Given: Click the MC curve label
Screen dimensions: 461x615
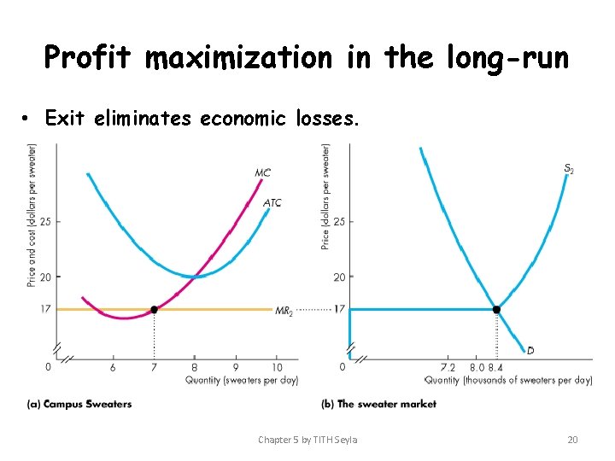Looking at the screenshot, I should pos(263,173).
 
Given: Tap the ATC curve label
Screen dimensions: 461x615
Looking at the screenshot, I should pos(272,202).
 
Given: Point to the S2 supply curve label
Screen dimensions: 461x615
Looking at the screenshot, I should pos(569,170).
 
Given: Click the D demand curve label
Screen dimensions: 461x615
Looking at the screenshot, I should pos(530,350).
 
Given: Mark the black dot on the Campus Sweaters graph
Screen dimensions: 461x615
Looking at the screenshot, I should pos(154,309).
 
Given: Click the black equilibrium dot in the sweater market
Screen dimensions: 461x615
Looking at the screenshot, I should pos(496,309).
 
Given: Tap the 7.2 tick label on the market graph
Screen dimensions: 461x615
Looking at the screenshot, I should pos(447,367).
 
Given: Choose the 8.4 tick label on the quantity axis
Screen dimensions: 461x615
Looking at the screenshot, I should pos(496,367).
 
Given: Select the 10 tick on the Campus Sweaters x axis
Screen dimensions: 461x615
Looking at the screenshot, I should pos(278,367).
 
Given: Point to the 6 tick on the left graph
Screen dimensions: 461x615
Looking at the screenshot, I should pos(113,367).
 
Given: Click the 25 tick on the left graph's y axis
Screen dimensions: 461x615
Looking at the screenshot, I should pos(44,222).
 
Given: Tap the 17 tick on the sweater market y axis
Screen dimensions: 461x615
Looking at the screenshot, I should pos(338,309).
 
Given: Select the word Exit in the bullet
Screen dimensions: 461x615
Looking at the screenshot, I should pos(64,119).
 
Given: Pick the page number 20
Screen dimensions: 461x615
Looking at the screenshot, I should pos(572,440).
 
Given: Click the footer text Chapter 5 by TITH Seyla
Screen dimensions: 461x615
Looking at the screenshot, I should pos(307,440).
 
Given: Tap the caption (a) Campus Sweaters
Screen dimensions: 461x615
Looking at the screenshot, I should pos(79,404).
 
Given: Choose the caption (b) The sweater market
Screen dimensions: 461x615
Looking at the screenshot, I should pos(378,404).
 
